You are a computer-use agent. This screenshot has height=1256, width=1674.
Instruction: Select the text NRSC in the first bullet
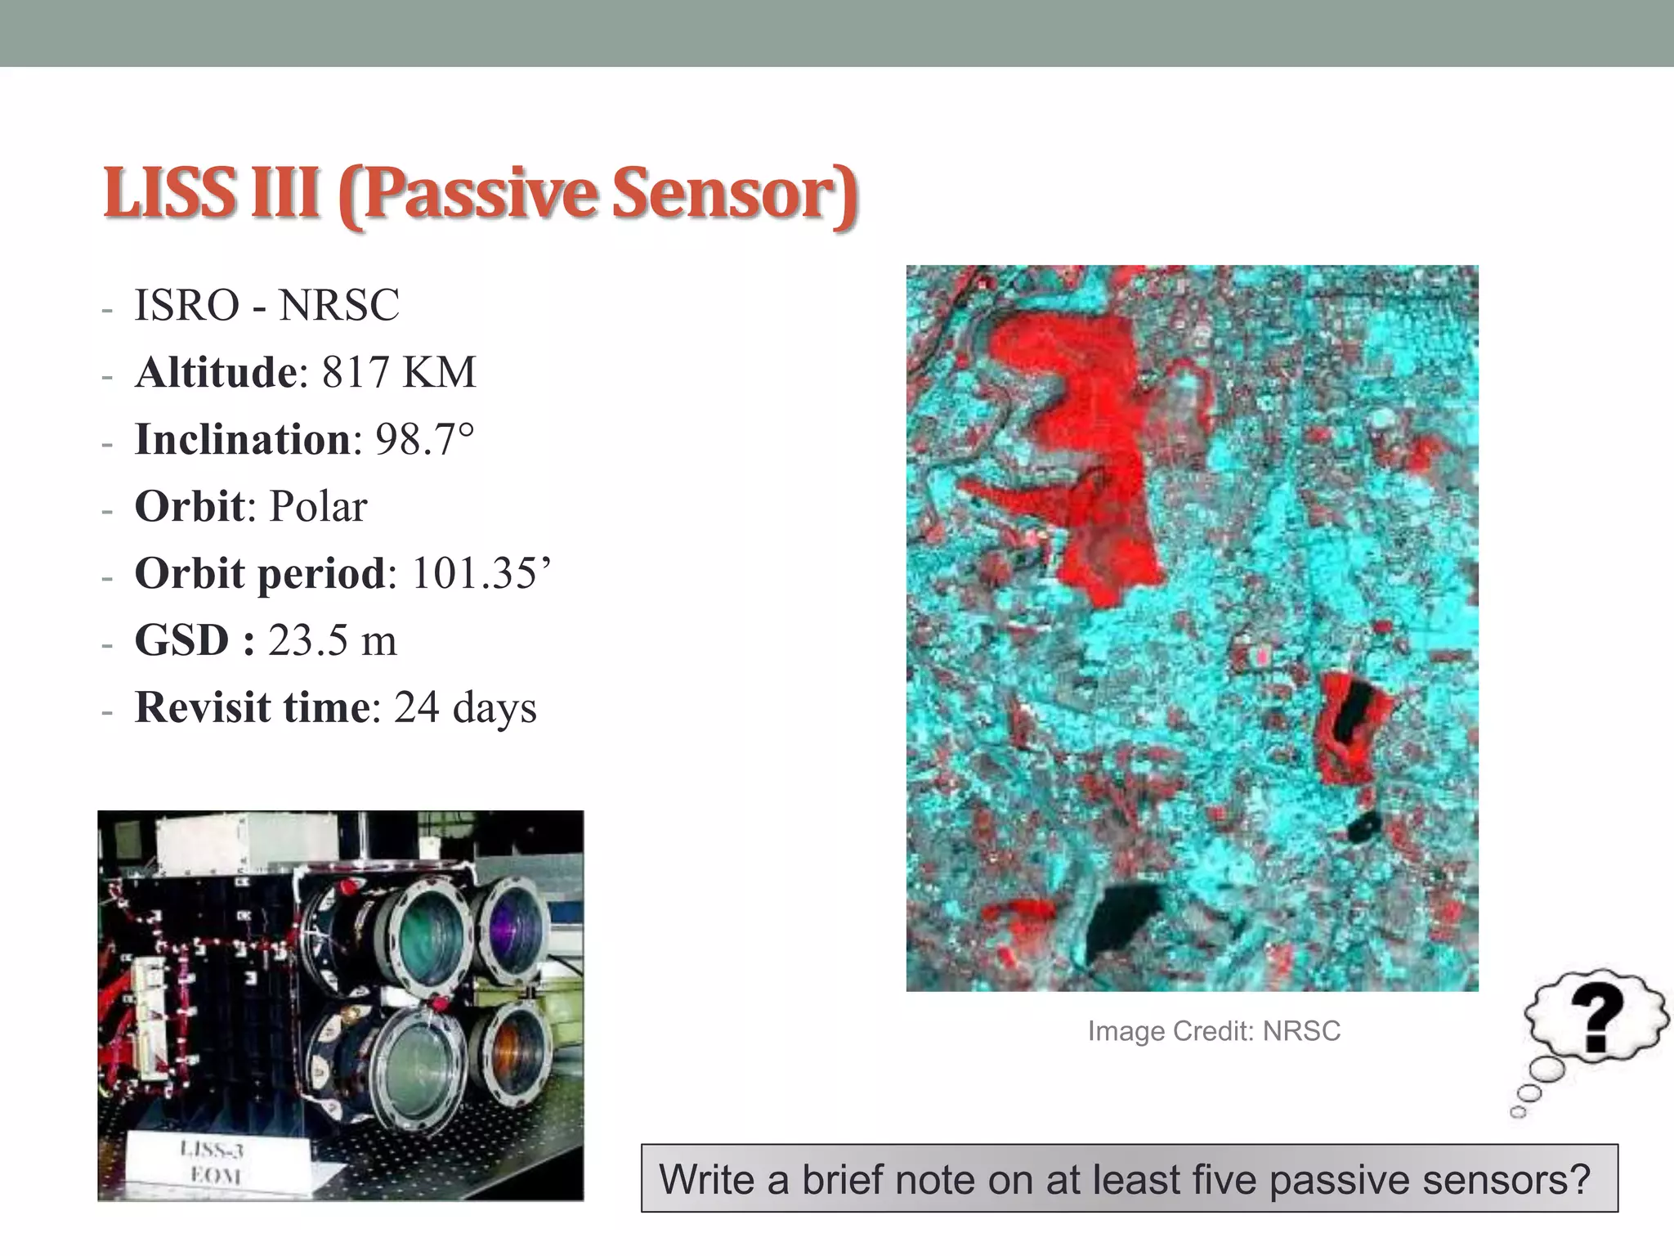(338, 306)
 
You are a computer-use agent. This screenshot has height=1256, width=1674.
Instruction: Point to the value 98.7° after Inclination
(424, 440)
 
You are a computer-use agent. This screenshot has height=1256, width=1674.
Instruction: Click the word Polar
(318, 507)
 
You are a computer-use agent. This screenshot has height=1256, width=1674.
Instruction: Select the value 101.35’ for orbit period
(481, 574)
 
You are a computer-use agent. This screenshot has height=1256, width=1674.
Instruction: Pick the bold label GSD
(181, 640)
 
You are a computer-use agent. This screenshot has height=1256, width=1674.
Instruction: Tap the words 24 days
(465, 707)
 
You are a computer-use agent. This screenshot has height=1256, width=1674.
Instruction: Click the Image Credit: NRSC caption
(1214, 1031)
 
